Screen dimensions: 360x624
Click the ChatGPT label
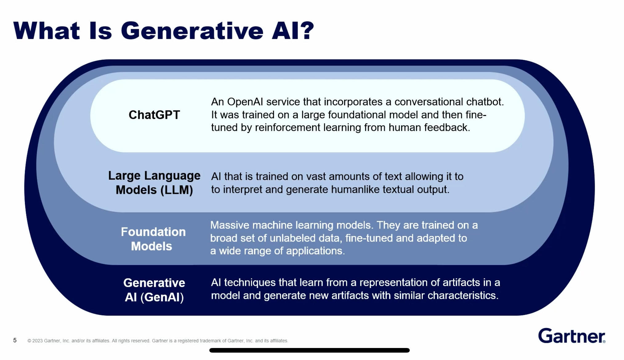click(x=154, y=115)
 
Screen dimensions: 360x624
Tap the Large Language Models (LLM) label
click(x=154, y=183)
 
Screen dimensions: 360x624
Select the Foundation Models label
click(x=153, y=239)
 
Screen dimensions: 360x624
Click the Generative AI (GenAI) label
click(x=154, y=290)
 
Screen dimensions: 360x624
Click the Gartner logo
click(x=572, y=336)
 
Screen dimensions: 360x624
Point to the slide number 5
click(x=15, y=340)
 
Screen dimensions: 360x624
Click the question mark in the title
click(x=307, y=31)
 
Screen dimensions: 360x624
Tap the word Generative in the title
click(x=192, y=31)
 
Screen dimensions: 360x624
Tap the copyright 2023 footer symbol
click(x=29, y=341)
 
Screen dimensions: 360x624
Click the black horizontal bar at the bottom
click(x=309, y=350)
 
